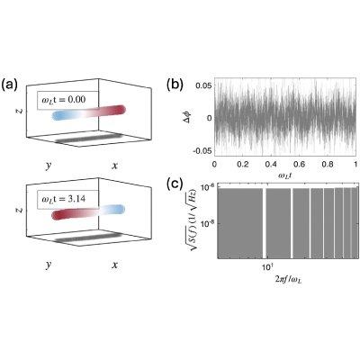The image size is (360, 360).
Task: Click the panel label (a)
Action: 9,85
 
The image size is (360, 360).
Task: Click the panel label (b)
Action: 175,85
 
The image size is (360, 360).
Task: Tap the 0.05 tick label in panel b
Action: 203,85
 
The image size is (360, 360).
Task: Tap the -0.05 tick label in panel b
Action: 202,150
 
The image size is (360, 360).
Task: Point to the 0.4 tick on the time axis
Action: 271,165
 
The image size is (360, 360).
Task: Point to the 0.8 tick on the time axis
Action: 328,165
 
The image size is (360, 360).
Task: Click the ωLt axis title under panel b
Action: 285,175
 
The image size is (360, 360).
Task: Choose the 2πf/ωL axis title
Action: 288,280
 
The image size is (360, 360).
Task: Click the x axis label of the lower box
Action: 114,265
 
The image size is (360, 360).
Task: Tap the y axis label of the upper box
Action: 48,166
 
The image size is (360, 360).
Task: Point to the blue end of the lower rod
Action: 120,209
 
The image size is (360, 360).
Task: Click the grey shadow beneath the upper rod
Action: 89,138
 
